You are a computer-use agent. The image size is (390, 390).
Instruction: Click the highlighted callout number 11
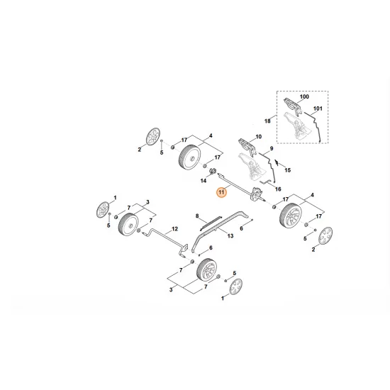(x=221, y=192)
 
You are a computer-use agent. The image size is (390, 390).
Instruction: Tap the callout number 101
(x=317, y=109)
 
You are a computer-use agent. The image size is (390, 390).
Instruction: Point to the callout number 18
(x=268, y=121)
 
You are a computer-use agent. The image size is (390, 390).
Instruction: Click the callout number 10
(x=258, y=136)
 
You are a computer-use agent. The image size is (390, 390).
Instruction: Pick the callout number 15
(x=286, y=170)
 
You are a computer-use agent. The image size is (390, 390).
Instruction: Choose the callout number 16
(x=278, y=189)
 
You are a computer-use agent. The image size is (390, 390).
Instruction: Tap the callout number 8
(x=197, y=215)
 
